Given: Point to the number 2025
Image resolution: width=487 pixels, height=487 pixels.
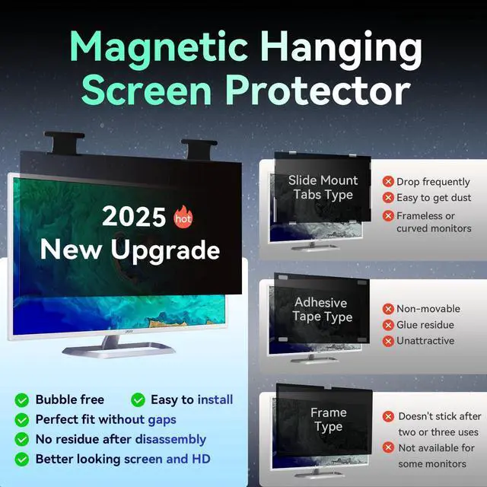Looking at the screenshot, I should tap(135, 217).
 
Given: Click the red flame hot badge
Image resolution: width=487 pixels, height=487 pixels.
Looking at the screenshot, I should tap(183, 217).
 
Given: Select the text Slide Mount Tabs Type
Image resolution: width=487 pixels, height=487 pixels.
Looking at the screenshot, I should tap(323, 188).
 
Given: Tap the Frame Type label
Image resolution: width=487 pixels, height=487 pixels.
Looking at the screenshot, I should tap(328, 420).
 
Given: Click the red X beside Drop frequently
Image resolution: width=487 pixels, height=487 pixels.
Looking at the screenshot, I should tap(388, 182).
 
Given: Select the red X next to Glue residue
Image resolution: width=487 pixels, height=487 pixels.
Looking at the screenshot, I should tap(388, 325).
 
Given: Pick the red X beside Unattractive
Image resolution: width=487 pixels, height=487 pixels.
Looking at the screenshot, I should tap(388, 341).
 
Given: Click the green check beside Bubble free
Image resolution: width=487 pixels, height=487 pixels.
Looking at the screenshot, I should tap(23, 399).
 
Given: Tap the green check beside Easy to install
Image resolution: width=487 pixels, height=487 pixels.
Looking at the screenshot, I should tap(138, 399).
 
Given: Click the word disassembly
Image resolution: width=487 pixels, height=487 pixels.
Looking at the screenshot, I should tap(170, 439).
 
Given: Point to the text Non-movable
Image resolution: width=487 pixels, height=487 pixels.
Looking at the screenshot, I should tap(428, 309).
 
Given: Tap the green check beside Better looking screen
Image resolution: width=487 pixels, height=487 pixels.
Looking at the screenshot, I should tap(23, 459).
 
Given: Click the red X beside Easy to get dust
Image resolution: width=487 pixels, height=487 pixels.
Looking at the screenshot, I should tap(388, 198).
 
